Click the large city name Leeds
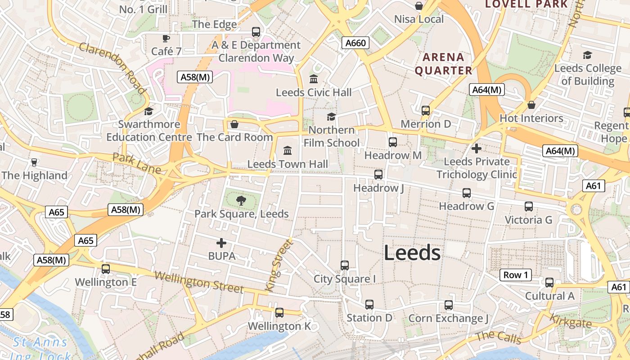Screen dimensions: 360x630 tap(412, 253)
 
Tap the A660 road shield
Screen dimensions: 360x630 tap(355, 43)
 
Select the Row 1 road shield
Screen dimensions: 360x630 tap(516, 275)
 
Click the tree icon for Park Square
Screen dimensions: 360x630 tap(241, 201)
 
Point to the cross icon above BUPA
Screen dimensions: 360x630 tap(221, 243)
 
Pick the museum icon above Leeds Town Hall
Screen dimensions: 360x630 tap(288, 150)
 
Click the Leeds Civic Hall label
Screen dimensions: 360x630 tap(314, 93)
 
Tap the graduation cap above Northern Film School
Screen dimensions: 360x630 tap(332, 117)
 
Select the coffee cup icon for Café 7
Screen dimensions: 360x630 tap(166, 38)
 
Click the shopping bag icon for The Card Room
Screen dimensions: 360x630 tap(234, 124)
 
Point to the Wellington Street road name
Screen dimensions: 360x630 tap(199, 282)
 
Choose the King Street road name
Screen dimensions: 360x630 tap(279, 265)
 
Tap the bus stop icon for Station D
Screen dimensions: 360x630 tap(369, 305)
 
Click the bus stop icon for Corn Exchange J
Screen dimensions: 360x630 tap(449, 305)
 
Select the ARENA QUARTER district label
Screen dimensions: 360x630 tap(443, 64)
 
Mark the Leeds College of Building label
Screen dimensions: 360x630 tap(588, 75)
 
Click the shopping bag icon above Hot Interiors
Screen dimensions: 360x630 tap(531, 105)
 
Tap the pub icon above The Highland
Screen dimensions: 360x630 tap(34, 162)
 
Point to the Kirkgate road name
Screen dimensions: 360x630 tap(570, 320)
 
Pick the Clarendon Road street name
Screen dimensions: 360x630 tap(113, 68)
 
